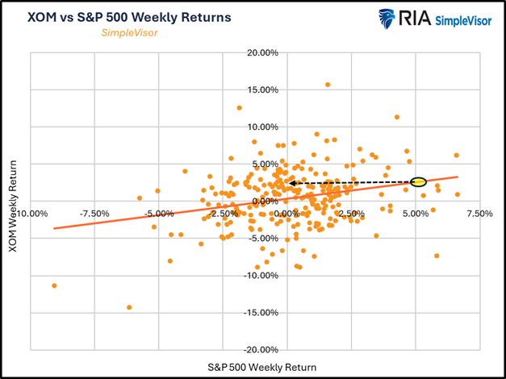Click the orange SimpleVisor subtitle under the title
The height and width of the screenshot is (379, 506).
(x=129, y=33)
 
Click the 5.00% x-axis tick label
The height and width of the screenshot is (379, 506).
(x=415, y=214)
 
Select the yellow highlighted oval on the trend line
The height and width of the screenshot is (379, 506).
(x=417, y=182)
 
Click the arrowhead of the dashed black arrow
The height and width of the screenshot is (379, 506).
(x=292, y=183)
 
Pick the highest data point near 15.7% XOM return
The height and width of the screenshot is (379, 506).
(x=328, y=84)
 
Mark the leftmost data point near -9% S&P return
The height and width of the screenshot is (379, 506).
(x=54, y=285)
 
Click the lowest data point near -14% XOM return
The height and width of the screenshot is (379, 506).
(x=129, y=307)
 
